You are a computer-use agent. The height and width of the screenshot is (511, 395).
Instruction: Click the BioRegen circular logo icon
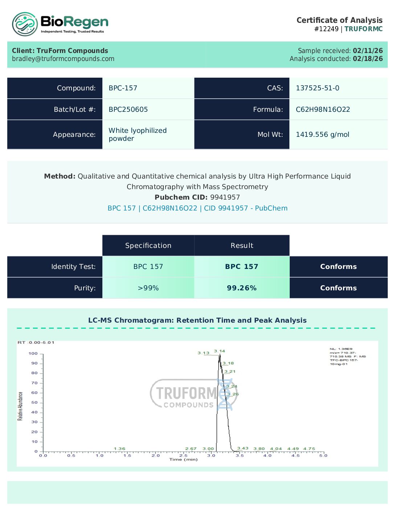coord(25,24)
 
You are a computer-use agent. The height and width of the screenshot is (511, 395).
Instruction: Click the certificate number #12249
coord(326,29)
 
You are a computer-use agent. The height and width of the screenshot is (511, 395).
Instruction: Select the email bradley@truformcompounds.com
coord(63,59)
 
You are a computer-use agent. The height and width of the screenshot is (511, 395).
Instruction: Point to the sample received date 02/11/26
coord(367,51)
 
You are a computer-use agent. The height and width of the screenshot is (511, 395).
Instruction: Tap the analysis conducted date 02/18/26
coord(367,59)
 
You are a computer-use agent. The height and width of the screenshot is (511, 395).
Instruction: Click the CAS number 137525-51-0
coord(317,88)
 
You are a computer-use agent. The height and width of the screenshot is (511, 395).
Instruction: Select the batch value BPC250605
coord(128,110)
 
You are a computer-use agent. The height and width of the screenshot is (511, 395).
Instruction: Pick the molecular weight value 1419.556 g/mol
coord(322,135)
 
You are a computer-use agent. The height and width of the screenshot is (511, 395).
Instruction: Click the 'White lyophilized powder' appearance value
coord(137,135)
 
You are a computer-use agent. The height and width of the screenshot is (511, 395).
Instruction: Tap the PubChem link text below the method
coord(197,208)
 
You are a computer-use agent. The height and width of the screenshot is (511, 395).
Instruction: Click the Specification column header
coord(148,246)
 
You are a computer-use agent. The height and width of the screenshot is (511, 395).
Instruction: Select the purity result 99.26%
coord(242,288)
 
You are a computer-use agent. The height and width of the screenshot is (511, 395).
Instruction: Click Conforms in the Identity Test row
coord(338,267)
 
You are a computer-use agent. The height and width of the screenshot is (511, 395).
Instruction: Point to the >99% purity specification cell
coord(148,288)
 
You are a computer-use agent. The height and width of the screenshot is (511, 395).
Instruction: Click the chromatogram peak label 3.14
coord(219,351)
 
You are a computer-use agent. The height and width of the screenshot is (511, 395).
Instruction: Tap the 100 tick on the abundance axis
coord(33,353)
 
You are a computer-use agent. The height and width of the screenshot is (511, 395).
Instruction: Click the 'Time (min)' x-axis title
coord(183,459)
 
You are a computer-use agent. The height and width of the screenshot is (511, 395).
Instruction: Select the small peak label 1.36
coord(119,449)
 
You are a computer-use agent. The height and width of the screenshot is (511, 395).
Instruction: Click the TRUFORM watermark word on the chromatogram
coord(186,393)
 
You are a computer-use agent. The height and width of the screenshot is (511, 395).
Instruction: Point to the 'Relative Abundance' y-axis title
coord(20,406)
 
